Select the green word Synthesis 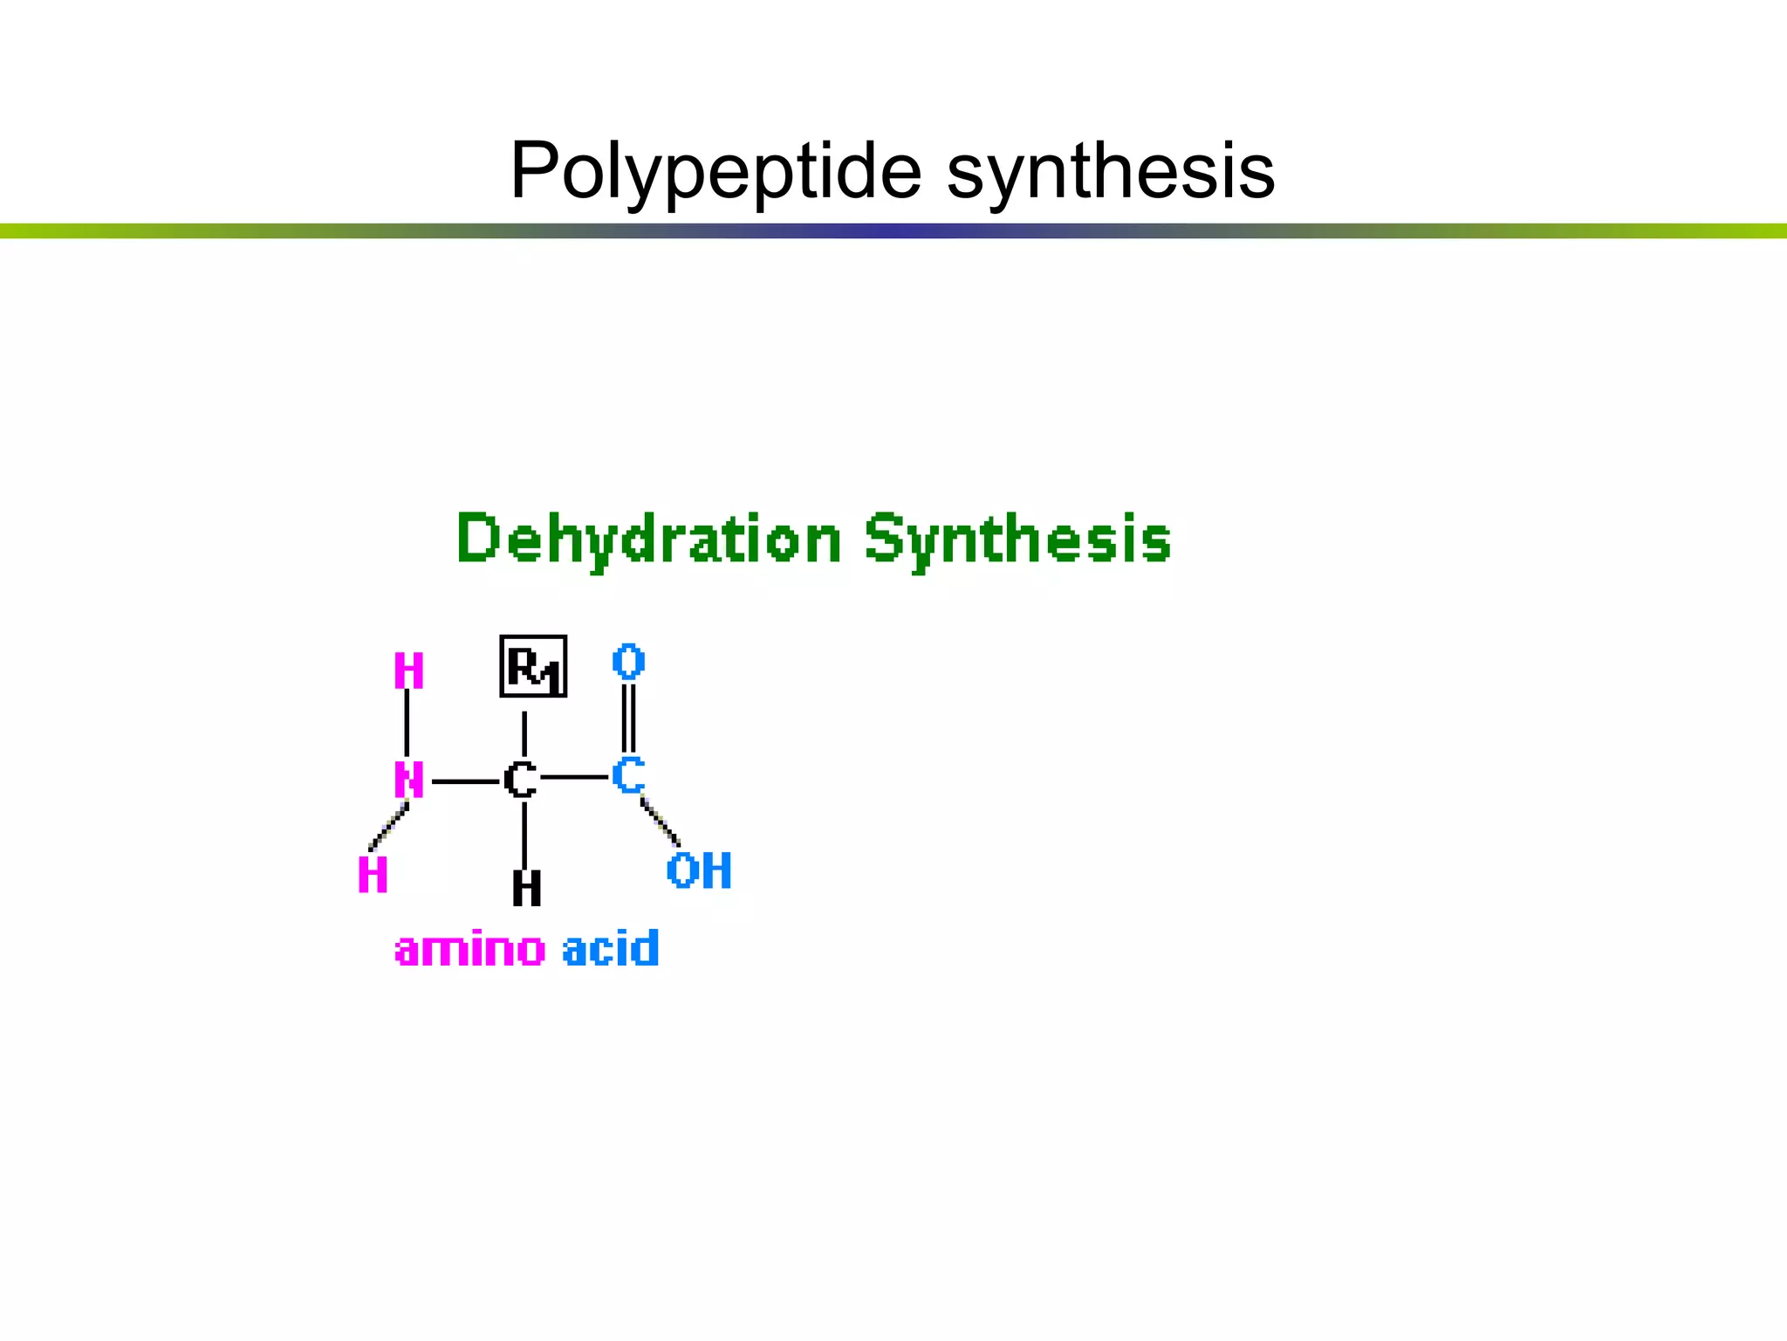coord(1017,539)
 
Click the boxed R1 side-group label coord(533,667)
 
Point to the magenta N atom coord(408,780)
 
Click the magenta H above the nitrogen coord(408,671)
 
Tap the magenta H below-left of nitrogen coord(373,874)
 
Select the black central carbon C coord(521,780)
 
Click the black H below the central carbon coord(526,889)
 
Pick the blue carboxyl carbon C coord(627,774)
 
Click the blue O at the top coord(628,662)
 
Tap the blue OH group coord(699,871)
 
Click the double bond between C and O coord(628,718)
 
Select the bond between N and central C coord(465,781)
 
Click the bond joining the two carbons coord(574,776)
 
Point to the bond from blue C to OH coord(660,822)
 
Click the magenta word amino coord(470,949)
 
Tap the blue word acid coord(611,949)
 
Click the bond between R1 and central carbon coord(524,733)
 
